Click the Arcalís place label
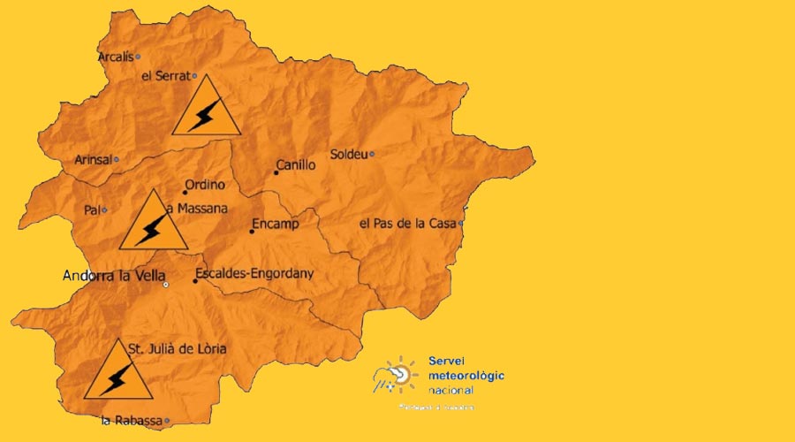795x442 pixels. click(x=115, y=57)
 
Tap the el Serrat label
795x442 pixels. click(x=166, y=76)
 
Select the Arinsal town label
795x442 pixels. click(x=93, y=160)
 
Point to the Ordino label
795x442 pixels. click(x=205, y=185)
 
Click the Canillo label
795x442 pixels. click(x=296, y=164)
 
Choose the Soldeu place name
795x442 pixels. click(x=348, y=154)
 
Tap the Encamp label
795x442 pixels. click(x=276, y=224)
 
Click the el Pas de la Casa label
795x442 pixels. click(x=407, y=224)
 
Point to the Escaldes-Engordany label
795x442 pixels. click(x=254, y=274)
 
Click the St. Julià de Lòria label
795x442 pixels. click(x=178, y=349)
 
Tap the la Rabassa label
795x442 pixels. click(x=132, y=421)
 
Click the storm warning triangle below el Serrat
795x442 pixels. click(x=206, y=109)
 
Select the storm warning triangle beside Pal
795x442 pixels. click(x=154, y=223)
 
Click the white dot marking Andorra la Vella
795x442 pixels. click(x=165, y=285)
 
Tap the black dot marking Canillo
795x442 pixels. click(x=276, y=172)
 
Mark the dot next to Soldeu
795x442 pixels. click(x=372, y=154)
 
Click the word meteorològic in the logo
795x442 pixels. click(x=466, y=375)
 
